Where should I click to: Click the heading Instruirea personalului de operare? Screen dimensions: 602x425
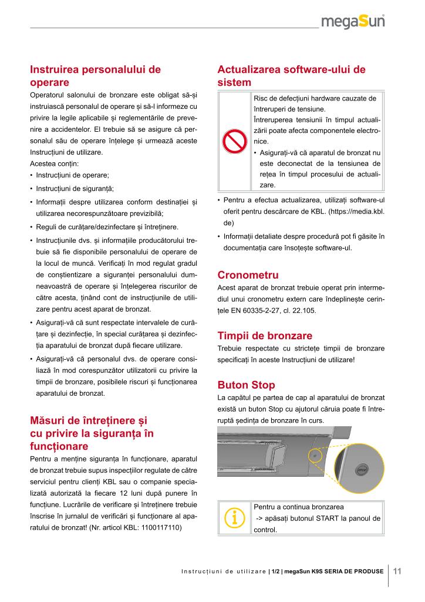click(95, 76)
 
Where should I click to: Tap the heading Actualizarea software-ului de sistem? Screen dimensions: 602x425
click(291, 76)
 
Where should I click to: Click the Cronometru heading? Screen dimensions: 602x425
click(248, 275)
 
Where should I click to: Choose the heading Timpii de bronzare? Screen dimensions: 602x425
click(265, 336)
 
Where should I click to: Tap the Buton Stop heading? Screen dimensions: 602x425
click(246, 386)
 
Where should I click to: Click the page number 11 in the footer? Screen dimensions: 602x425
click(397, 571)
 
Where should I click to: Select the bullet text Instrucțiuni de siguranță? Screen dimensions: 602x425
click(75, 189)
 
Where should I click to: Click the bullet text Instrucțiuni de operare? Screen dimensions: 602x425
click(72, 175)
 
